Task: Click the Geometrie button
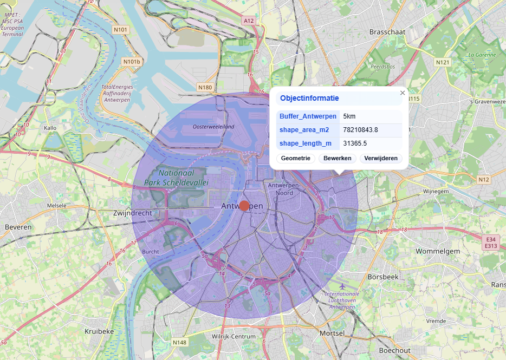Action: coord(295,158)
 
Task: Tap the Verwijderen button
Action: coord(381,158)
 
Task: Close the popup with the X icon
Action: coord(403,93)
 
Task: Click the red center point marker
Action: coord(244,206)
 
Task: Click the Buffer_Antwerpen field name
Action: coord(308,116)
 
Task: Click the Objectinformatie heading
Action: coord(309,99)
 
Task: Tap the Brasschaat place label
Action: coord(387,32)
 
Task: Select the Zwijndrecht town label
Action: coord(133,213)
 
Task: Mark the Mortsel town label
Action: coord(332,333)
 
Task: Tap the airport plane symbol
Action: coord(341,286)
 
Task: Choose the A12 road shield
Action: coord(249,21)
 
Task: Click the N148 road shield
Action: coord(180,343)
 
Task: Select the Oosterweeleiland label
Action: coord(213,127)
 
